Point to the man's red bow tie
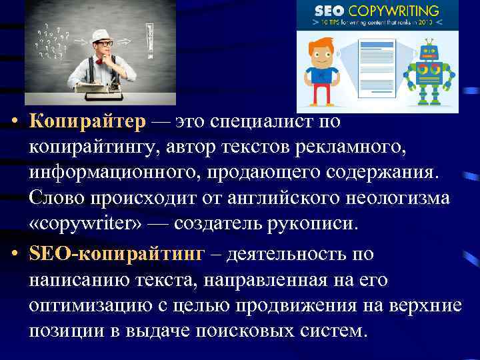click(101, 61)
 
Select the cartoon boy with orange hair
click(323, 70)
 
